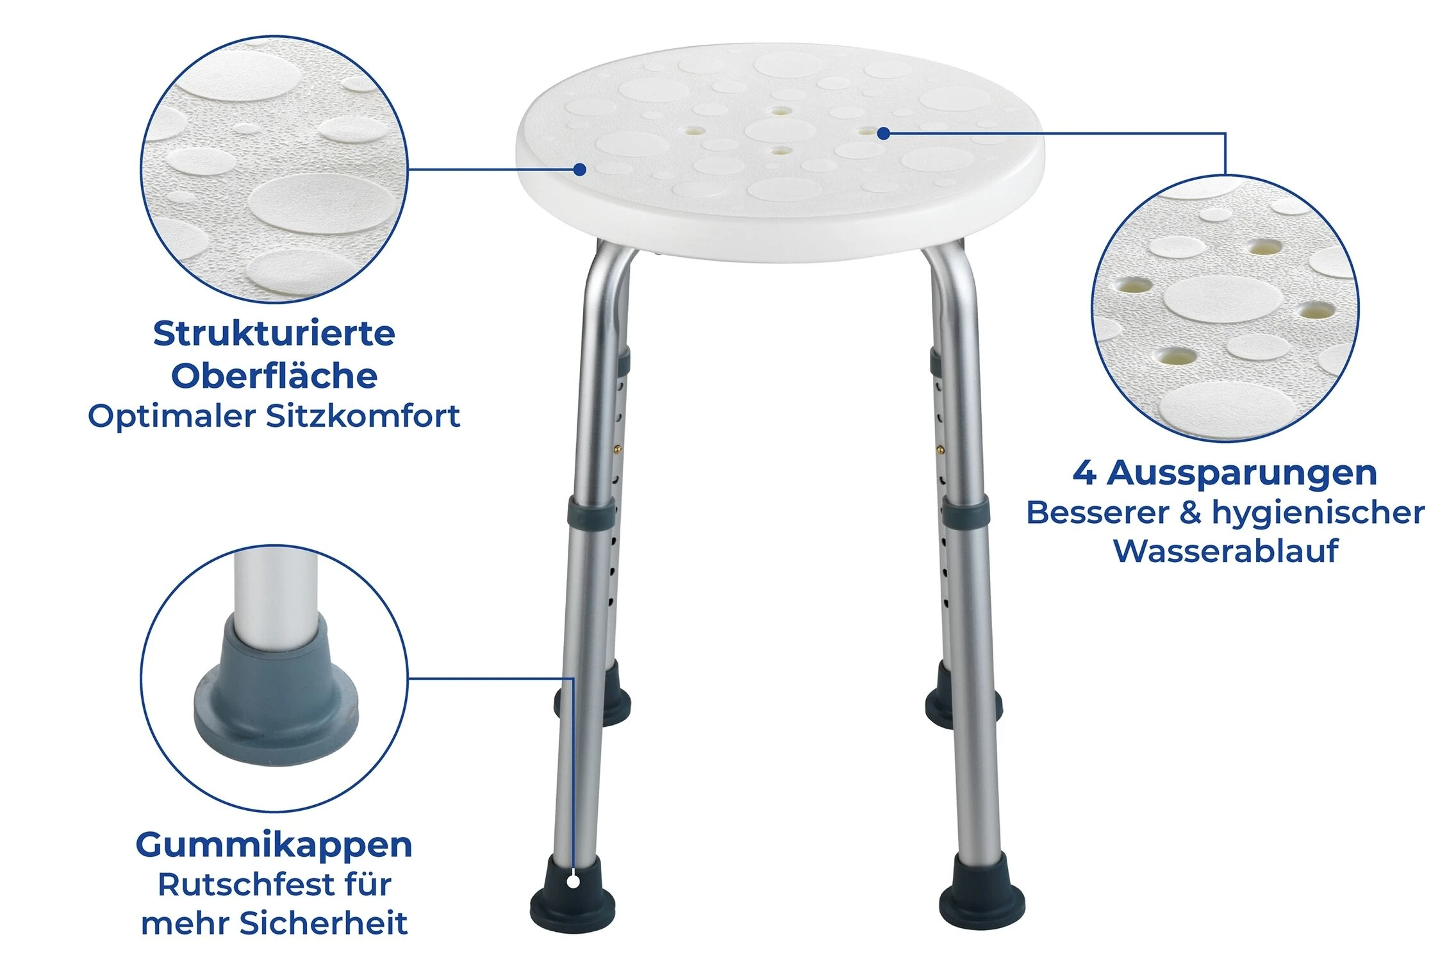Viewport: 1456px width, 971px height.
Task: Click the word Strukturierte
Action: click(x=274, y=333)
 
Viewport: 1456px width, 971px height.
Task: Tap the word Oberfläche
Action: click(x=274, y=375)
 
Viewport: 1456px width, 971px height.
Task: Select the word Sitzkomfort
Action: click(x=363, y=416)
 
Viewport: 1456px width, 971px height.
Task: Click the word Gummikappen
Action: click(x=274, y=845)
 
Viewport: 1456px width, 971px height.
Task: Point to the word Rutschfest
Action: click(x=242, y=884)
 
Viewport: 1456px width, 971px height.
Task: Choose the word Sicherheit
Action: click(x=323, y=924)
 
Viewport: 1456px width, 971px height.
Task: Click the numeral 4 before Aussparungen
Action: click(x=1084, y=473)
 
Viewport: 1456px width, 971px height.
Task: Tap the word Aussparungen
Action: click(x=1241, y=474)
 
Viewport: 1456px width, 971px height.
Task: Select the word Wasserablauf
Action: click(x=1225, y=551)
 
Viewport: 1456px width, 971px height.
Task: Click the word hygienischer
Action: click(x=1318, y=513)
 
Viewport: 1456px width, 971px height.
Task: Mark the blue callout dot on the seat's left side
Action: click(x=579, y=169)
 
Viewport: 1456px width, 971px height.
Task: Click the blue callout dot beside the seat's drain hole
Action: click(x=883, y=133)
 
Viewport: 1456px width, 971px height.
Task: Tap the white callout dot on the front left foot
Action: click(x=574, y=883)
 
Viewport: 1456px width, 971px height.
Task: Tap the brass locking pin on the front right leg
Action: click(x=939, y=449)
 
